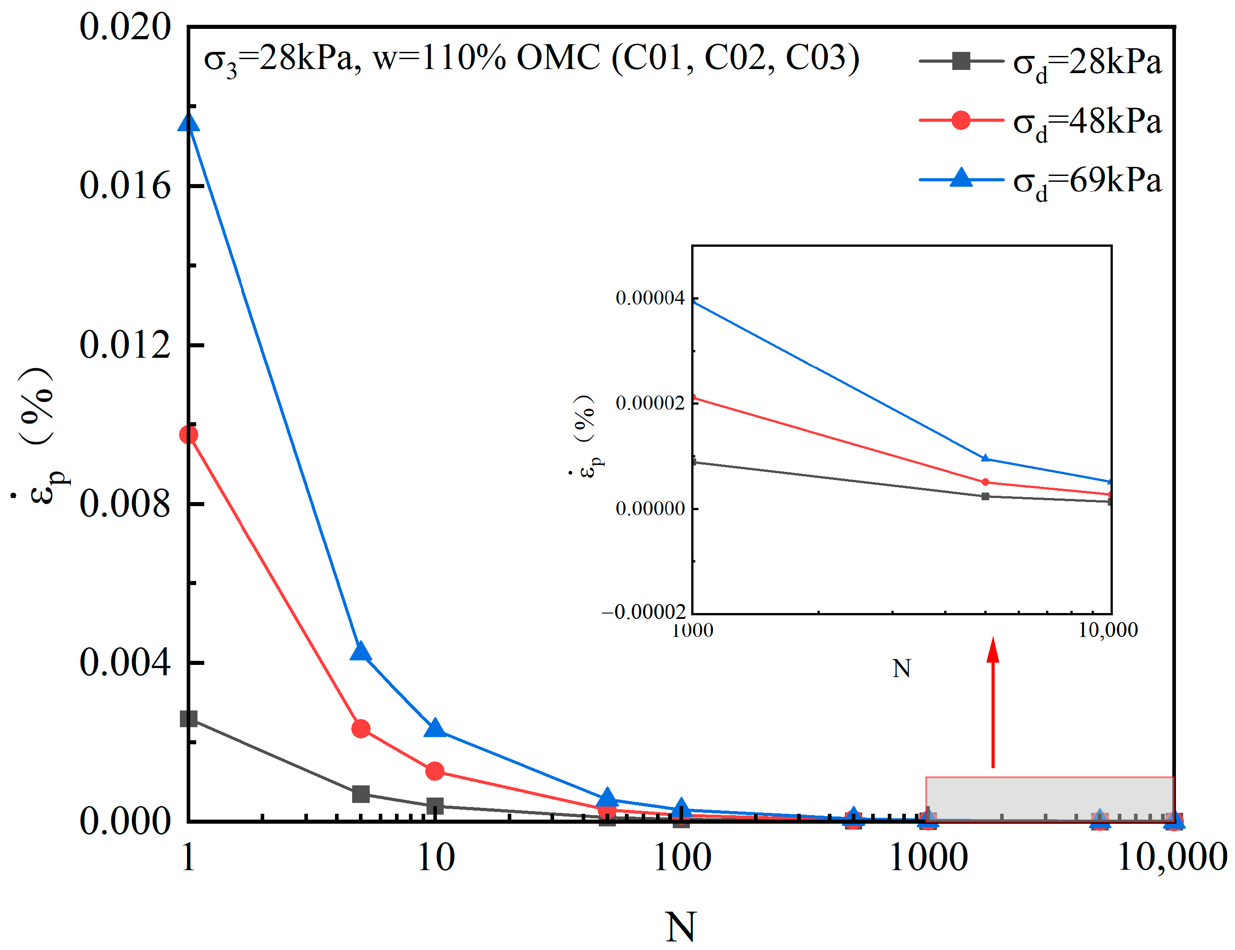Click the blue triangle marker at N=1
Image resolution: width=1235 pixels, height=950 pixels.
188,123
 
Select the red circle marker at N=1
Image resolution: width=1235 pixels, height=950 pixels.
188,434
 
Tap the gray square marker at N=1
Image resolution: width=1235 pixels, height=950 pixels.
188,719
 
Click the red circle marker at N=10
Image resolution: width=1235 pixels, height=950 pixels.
435,771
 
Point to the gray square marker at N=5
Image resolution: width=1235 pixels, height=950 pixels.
361,793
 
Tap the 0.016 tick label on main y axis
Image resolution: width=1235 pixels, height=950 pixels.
124,185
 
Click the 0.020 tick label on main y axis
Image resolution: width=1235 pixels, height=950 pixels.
124,27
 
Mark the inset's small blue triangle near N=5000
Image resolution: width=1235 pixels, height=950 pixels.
985,458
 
